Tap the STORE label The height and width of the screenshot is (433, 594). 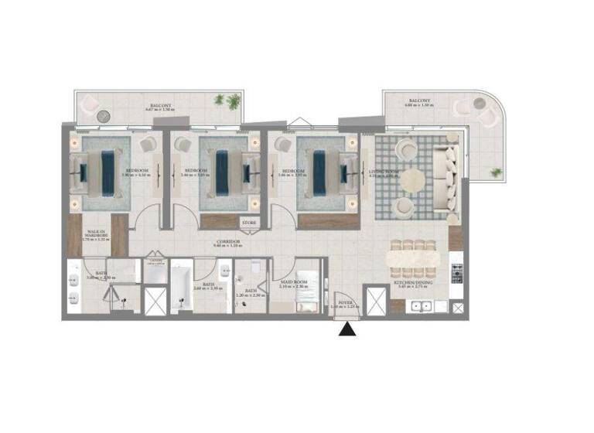pyautogui.click(x=249, y=223)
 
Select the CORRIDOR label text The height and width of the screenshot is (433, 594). pyautogui.click(x=228, y=243)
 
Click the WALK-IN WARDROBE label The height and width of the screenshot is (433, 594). pyautogui.click(x=97, y=233)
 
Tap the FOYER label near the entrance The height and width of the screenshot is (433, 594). pyautogui.click(x=344, y=305)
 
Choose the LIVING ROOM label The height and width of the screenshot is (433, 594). pyautogui.click(x=384, y=172)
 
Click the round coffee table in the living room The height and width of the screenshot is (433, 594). pyautogui.click(x=412, y=179)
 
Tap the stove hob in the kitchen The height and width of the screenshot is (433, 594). pyautogui.click(x=456, y=271)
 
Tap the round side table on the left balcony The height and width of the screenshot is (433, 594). pyautogui.click(x=106, y=117)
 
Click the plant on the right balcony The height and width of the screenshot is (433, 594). pyautogui.click(x=495, y=172)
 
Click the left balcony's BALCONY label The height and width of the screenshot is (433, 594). pyautogui.click(x=160, y=105)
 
